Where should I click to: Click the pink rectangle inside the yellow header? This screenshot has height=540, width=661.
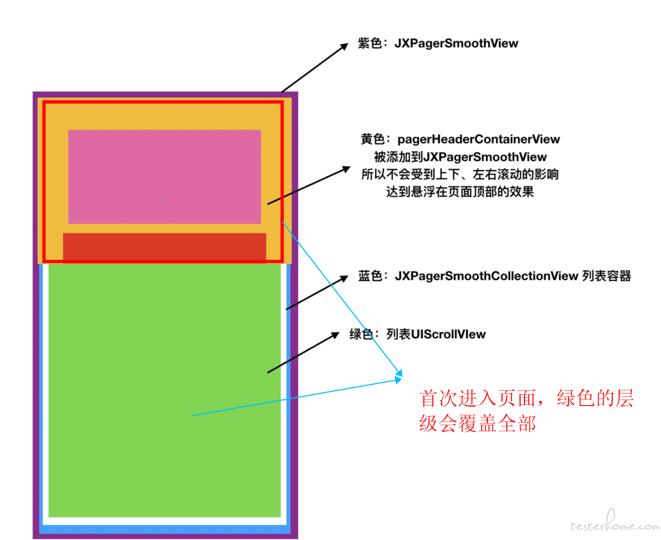point(164,177)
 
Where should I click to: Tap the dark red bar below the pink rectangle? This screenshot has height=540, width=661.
point(164,248)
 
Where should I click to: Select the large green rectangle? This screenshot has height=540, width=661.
point(164,390)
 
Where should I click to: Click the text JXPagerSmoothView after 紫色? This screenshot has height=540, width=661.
point(456,43)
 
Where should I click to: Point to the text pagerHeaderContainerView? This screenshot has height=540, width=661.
point(479,139)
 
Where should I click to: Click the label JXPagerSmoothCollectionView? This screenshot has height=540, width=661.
point(486,276)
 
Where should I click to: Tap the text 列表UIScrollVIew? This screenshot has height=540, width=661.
point(436,334)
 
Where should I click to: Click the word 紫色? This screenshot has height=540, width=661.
point(370,43)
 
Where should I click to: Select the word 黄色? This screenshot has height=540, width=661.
point(373,139)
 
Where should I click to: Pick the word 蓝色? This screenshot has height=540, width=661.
point(370,276)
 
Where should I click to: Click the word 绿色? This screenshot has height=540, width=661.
point(362,334)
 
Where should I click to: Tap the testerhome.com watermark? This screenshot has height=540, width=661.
point(615,524)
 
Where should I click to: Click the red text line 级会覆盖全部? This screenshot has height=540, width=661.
point(477,423)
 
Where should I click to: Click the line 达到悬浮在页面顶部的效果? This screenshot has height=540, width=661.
point(460,192)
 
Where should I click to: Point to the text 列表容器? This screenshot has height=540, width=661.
point(607,276)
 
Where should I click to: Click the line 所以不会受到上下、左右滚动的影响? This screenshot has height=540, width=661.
point(460,174)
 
